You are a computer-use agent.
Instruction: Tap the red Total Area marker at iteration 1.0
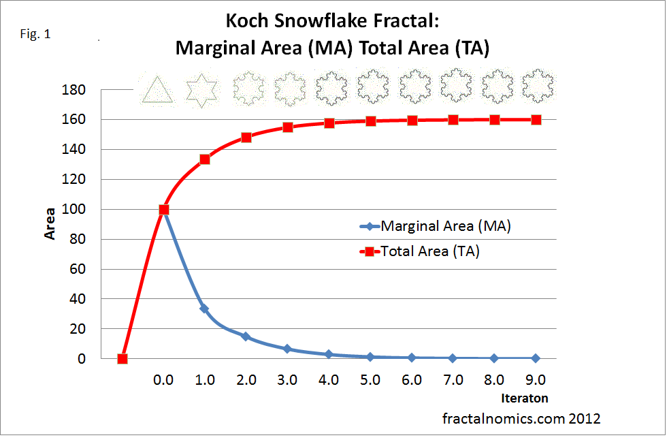pyautogui.click(x=205, y=159)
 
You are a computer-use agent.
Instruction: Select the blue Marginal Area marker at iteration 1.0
pyautogui.click(x=205, y=309)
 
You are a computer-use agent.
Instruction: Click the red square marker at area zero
pyautogui.click(x=123, y=359)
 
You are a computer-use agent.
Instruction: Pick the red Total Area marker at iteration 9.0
pyautogui.click(x=536, y=120)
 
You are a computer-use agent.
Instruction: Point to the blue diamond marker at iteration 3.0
pyautogui.click(x=287, y=349)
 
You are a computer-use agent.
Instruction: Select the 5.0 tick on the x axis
pyautogui.click(x=370, y=379)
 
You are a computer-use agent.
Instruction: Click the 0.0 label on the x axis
pyautogui.click(x=163, y=379)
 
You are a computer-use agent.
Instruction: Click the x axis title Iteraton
pyautogui.click(x=524, y=398)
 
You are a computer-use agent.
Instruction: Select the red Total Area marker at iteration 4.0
pyautogui.click(x=329, y=123)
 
